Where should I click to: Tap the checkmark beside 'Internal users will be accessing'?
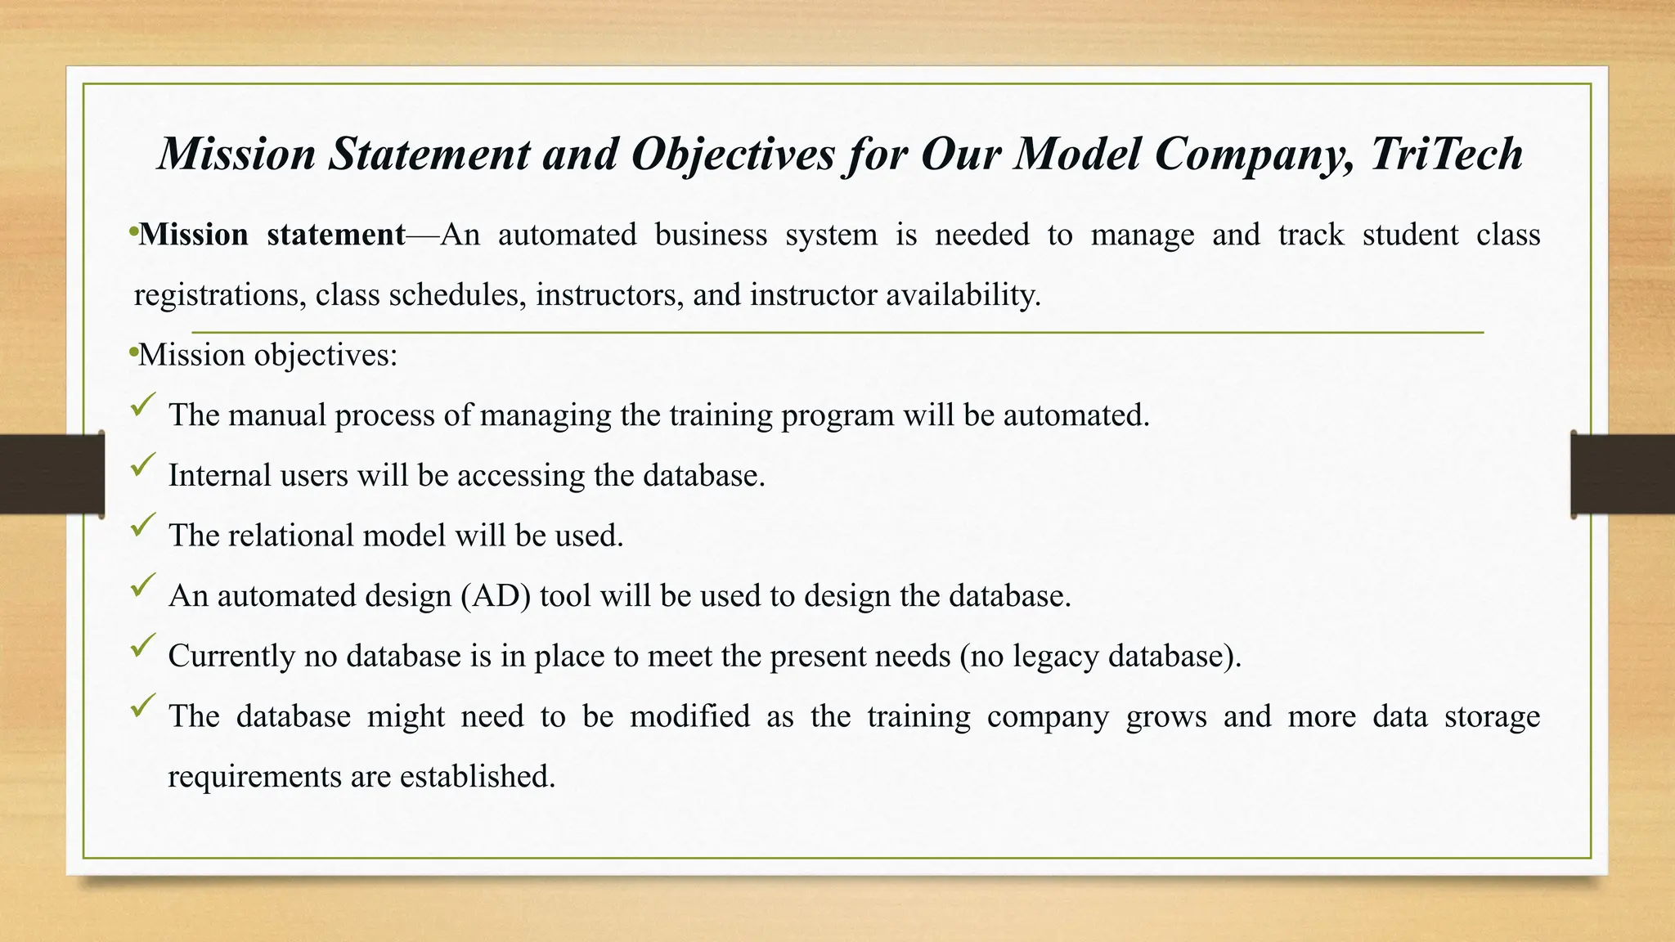pyautogui.click(x=142, y=465)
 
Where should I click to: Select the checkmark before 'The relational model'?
pyautogui.click(x=142, y=525)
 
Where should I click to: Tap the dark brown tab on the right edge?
pyautogui.click(x=1623, y=474)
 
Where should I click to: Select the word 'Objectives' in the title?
pyautogui.click(x=733, y=154)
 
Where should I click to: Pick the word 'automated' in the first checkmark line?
pyautogui.click(x=1076, y=415)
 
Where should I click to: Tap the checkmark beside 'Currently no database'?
pyautogui.click(x=142, y=646)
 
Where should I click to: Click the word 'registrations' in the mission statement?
pyautogui.click(x=216, y=295)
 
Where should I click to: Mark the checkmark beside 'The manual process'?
pyautogui.click(x=142, y=405)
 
